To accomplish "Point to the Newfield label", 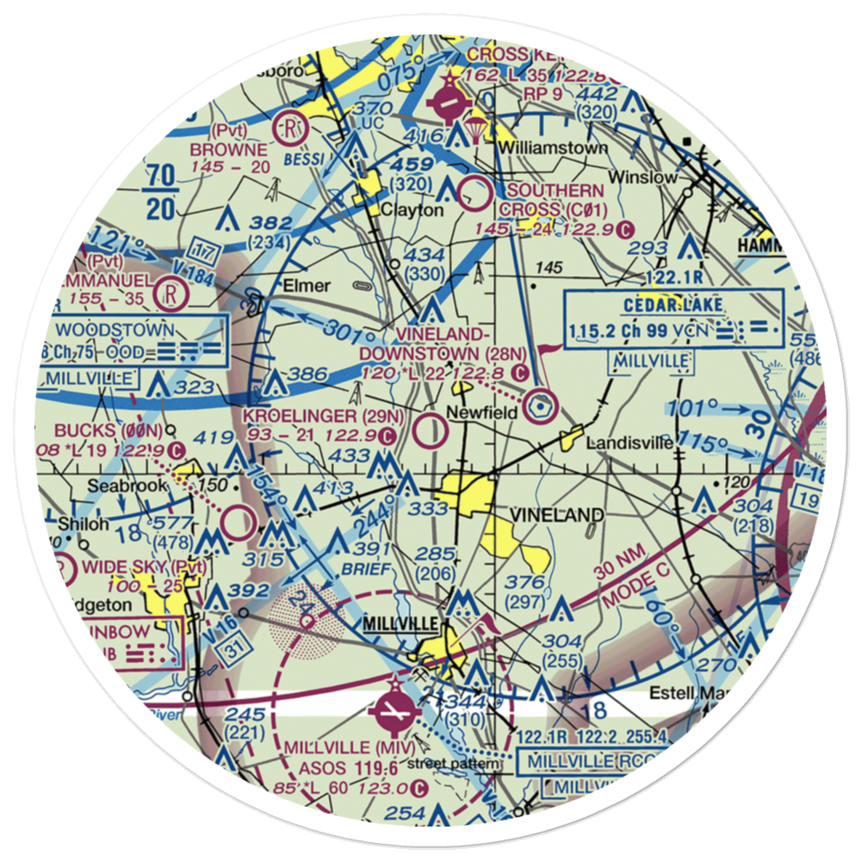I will click(x=485, y=413).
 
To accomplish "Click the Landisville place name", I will click(x=629, y=443).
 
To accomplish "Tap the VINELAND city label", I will click(x=555, y=514).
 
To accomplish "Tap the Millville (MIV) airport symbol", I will click(x=394, y=711).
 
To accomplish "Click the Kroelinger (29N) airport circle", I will click(x=430, y=430).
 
